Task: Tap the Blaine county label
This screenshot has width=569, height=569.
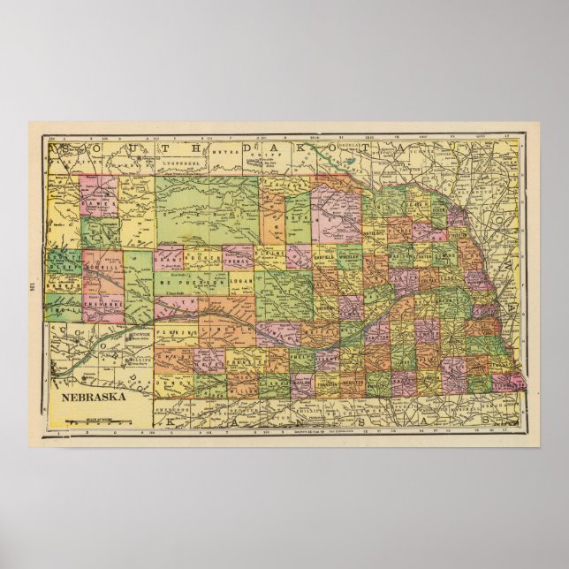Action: pos(273,257)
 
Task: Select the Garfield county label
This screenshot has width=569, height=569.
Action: pos(329,260)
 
